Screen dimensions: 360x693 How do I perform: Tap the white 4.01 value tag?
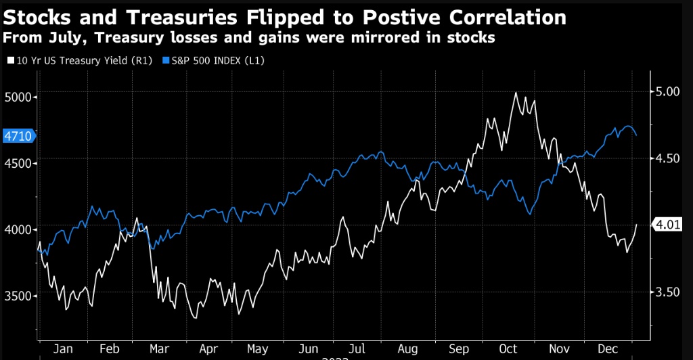(x=667, y=225)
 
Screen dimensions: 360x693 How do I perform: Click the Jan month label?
(x=62, y=349)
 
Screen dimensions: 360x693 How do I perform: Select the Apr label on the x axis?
(x=208, y=349)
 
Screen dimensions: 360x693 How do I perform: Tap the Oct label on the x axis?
(x=509, y=349)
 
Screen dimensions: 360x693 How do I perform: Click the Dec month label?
(x=607, y=349)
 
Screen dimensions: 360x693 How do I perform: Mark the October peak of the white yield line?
(x=516, y=93)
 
